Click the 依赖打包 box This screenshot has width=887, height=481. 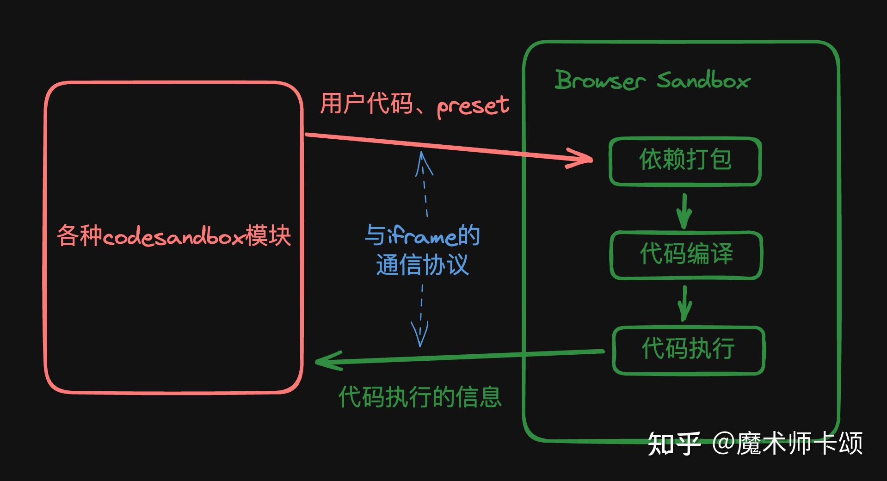(685, 161)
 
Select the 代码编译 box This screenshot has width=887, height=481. (686, 255)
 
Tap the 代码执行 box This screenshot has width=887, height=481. (688, 350)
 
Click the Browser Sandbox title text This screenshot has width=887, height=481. (652, 80)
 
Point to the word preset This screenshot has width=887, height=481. (473, 105)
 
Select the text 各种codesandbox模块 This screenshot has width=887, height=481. (174, 236)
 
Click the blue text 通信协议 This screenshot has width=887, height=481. (422, 265)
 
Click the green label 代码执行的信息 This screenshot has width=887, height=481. (420, 397)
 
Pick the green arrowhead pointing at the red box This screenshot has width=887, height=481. (326, 361)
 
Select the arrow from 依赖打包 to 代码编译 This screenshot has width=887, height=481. (684, 211)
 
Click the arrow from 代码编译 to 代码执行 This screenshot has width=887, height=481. (684, 303)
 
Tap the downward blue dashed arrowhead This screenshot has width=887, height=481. (420, 335)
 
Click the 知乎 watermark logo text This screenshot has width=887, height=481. (673, 444)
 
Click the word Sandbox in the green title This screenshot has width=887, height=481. (703, 80)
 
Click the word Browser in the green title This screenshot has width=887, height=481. (600, 80)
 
